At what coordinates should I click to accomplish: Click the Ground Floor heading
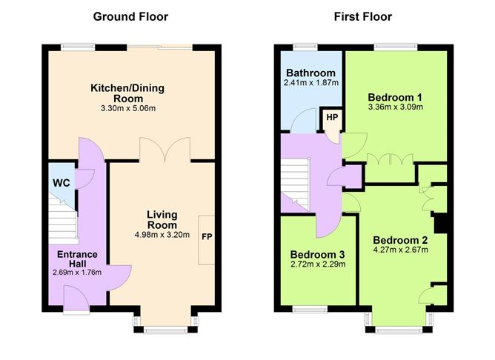coord(130,17)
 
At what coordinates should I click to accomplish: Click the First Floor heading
coord(363,17)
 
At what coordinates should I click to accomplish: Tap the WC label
coord(62,183)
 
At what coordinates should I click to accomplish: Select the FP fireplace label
coord(207,236)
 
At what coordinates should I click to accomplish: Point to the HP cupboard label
coord(332,117)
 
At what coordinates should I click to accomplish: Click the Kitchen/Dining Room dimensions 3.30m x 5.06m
coord(128,109)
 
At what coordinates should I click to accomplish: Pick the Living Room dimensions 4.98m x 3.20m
coord(162,235)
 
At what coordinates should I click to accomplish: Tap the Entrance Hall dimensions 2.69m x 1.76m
coord(77,273)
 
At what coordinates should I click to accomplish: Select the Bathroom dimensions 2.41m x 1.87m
coord(311,83)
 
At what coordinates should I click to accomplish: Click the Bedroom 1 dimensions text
coord(396,107)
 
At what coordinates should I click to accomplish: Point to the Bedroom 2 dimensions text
coord(401,250)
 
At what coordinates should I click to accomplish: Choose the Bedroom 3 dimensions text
coord(318,264)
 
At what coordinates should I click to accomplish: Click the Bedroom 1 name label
coord(395,97)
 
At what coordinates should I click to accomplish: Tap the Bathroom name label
coord(311,73)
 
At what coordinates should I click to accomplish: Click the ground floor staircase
coord(63,221)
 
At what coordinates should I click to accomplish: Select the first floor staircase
coord(296,184)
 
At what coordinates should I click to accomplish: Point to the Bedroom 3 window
coord(310,310)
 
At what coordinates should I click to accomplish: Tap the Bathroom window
coord(305,47)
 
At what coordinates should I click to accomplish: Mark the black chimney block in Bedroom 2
coord(441,223)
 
